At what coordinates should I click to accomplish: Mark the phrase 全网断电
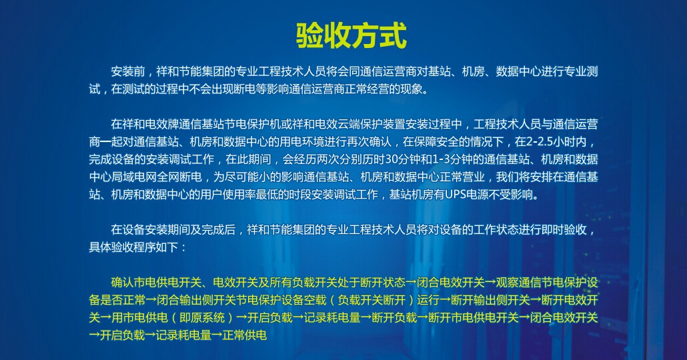(x=191, y=178)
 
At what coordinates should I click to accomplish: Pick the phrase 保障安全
(x=435, y=142)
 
